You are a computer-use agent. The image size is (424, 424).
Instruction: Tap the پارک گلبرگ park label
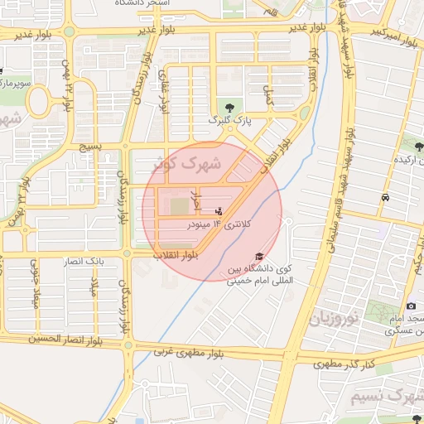coord(229,122)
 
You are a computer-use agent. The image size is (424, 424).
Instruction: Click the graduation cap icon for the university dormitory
coord(258,256)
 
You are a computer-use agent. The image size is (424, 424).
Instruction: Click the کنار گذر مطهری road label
coord(345,364)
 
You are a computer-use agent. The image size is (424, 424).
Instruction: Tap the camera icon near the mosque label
coord(411,306)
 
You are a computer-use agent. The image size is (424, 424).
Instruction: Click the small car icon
coord(386,197)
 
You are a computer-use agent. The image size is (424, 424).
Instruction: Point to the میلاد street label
coord(94,291)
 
